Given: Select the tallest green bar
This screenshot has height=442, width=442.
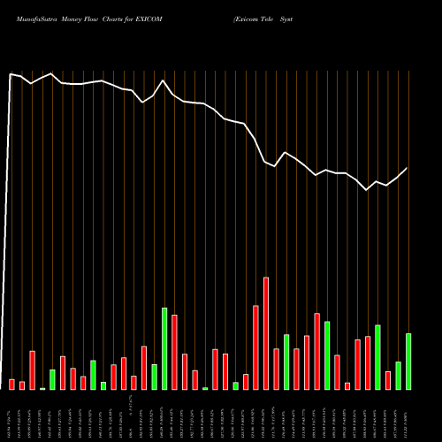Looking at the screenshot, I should tap(164, 348).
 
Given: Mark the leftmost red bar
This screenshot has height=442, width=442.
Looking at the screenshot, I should tap(12, 384).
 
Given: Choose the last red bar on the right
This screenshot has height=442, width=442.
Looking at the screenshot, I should tap(388, 380).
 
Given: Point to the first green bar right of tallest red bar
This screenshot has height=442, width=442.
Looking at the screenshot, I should tap(286, 362).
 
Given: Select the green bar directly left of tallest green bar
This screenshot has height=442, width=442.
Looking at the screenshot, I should tap(154, 377).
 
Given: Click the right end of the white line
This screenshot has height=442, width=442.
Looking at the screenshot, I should tap(408, 168).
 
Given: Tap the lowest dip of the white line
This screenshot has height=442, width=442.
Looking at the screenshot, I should tap(368, 189).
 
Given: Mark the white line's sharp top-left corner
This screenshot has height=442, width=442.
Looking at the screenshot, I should tap(11, 74).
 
